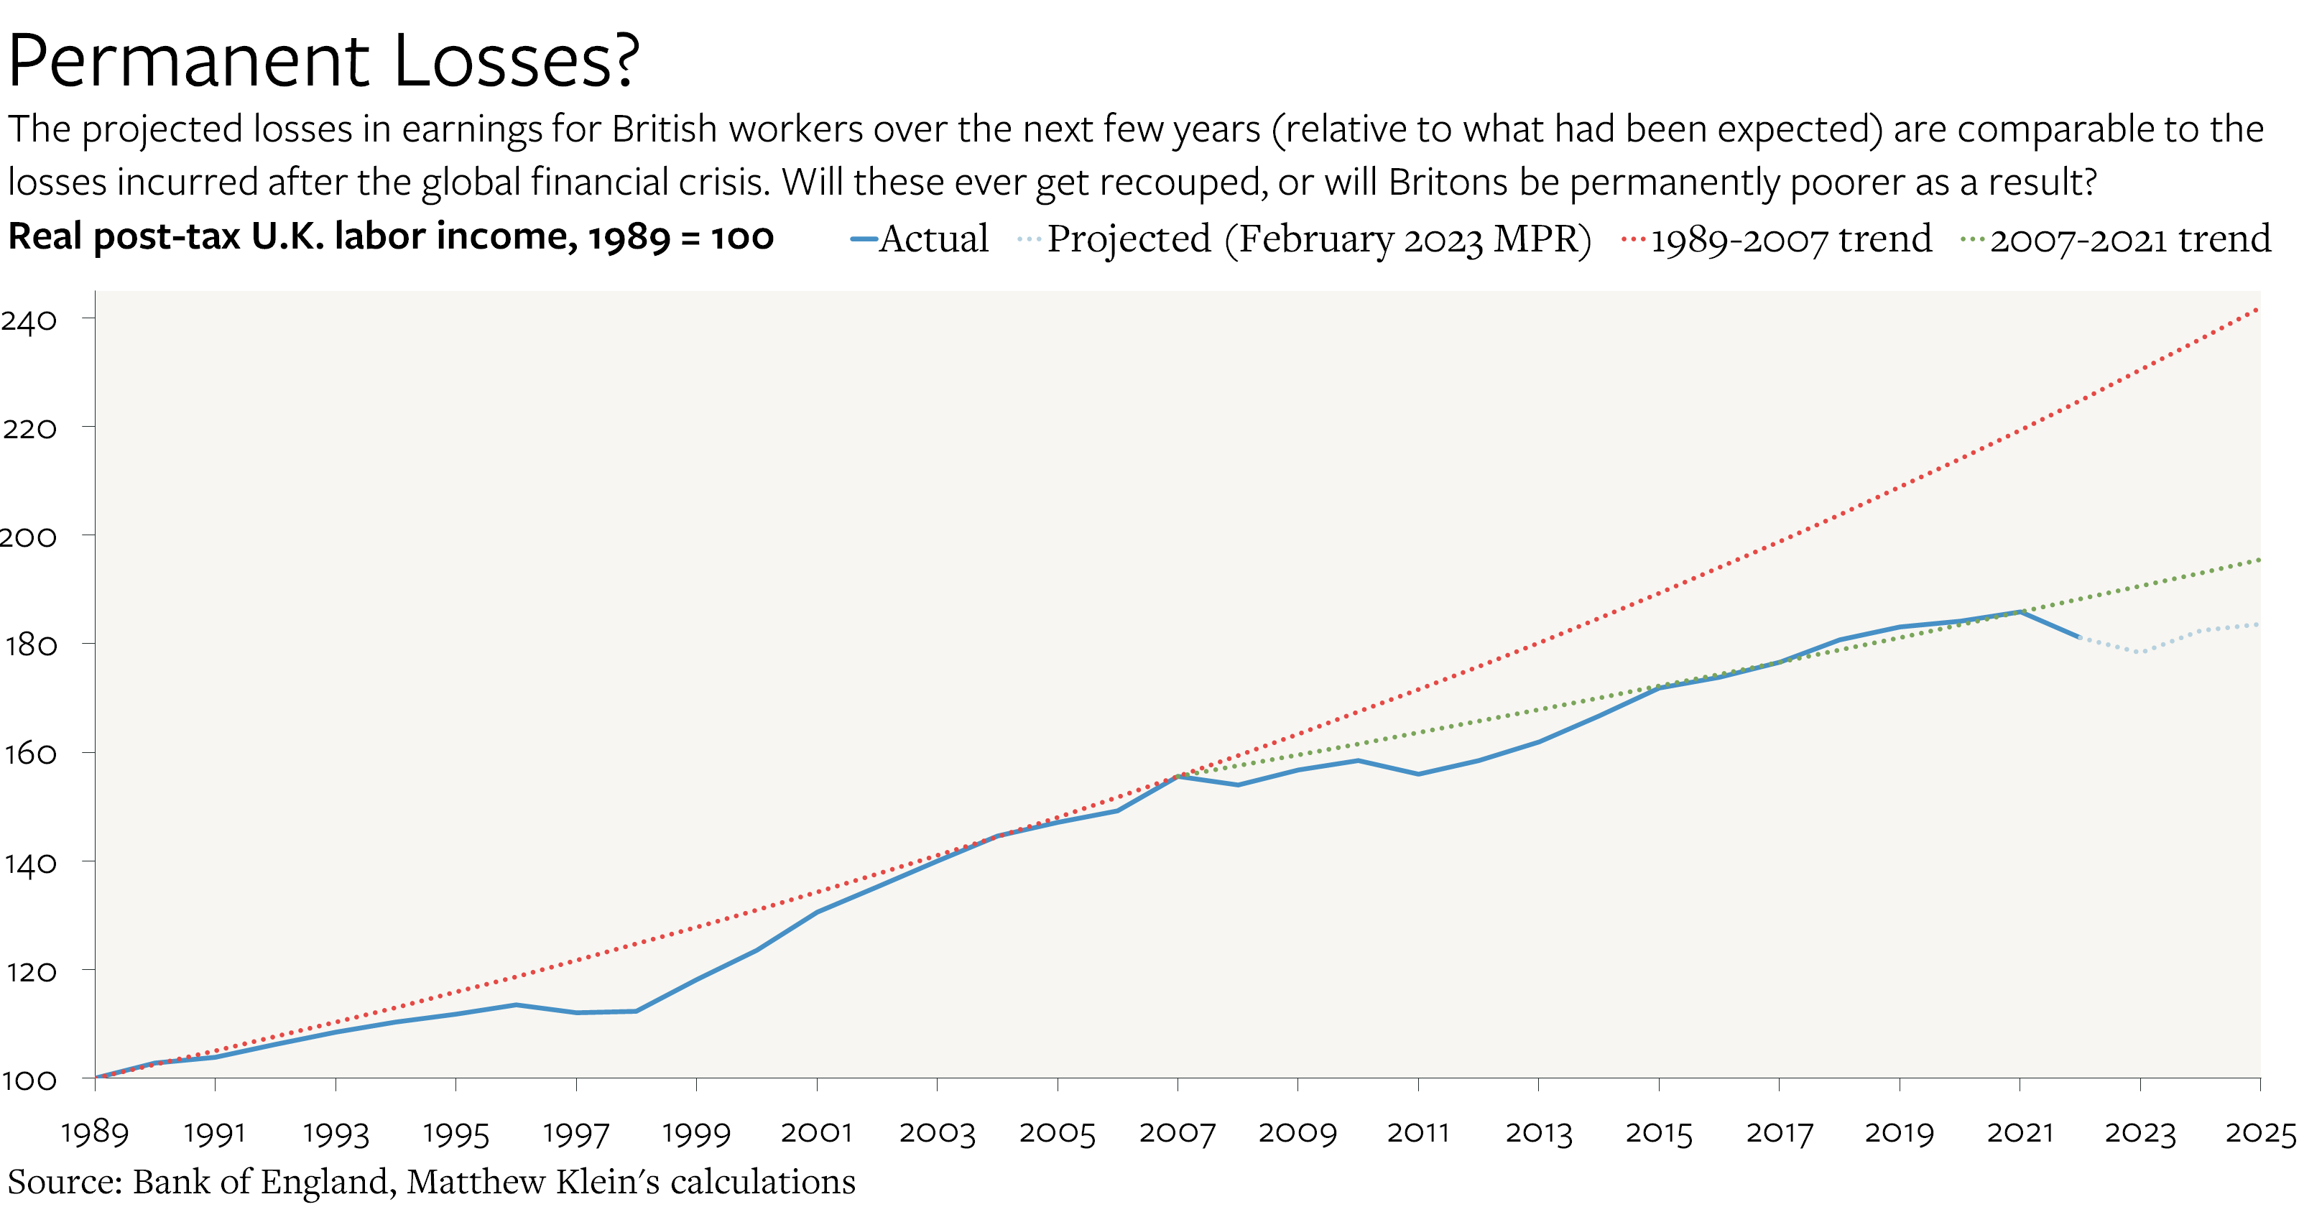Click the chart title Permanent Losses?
[323, 60]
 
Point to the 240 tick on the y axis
[29, 320]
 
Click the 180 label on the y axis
[29, 644]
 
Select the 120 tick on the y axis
[29, 971]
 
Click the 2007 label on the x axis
[1178, 1133]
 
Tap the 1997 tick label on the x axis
[575, 1133]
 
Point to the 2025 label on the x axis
[2259, 1133]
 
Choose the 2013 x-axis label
[1537, 1133]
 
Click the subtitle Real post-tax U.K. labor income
[390, 236]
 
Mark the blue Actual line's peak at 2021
[2020, 611]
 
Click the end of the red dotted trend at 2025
[2258, 309]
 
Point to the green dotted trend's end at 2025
[2259, 560]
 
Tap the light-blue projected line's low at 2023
[2140, 652]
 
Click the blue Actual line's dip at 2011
[1418, 774]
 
